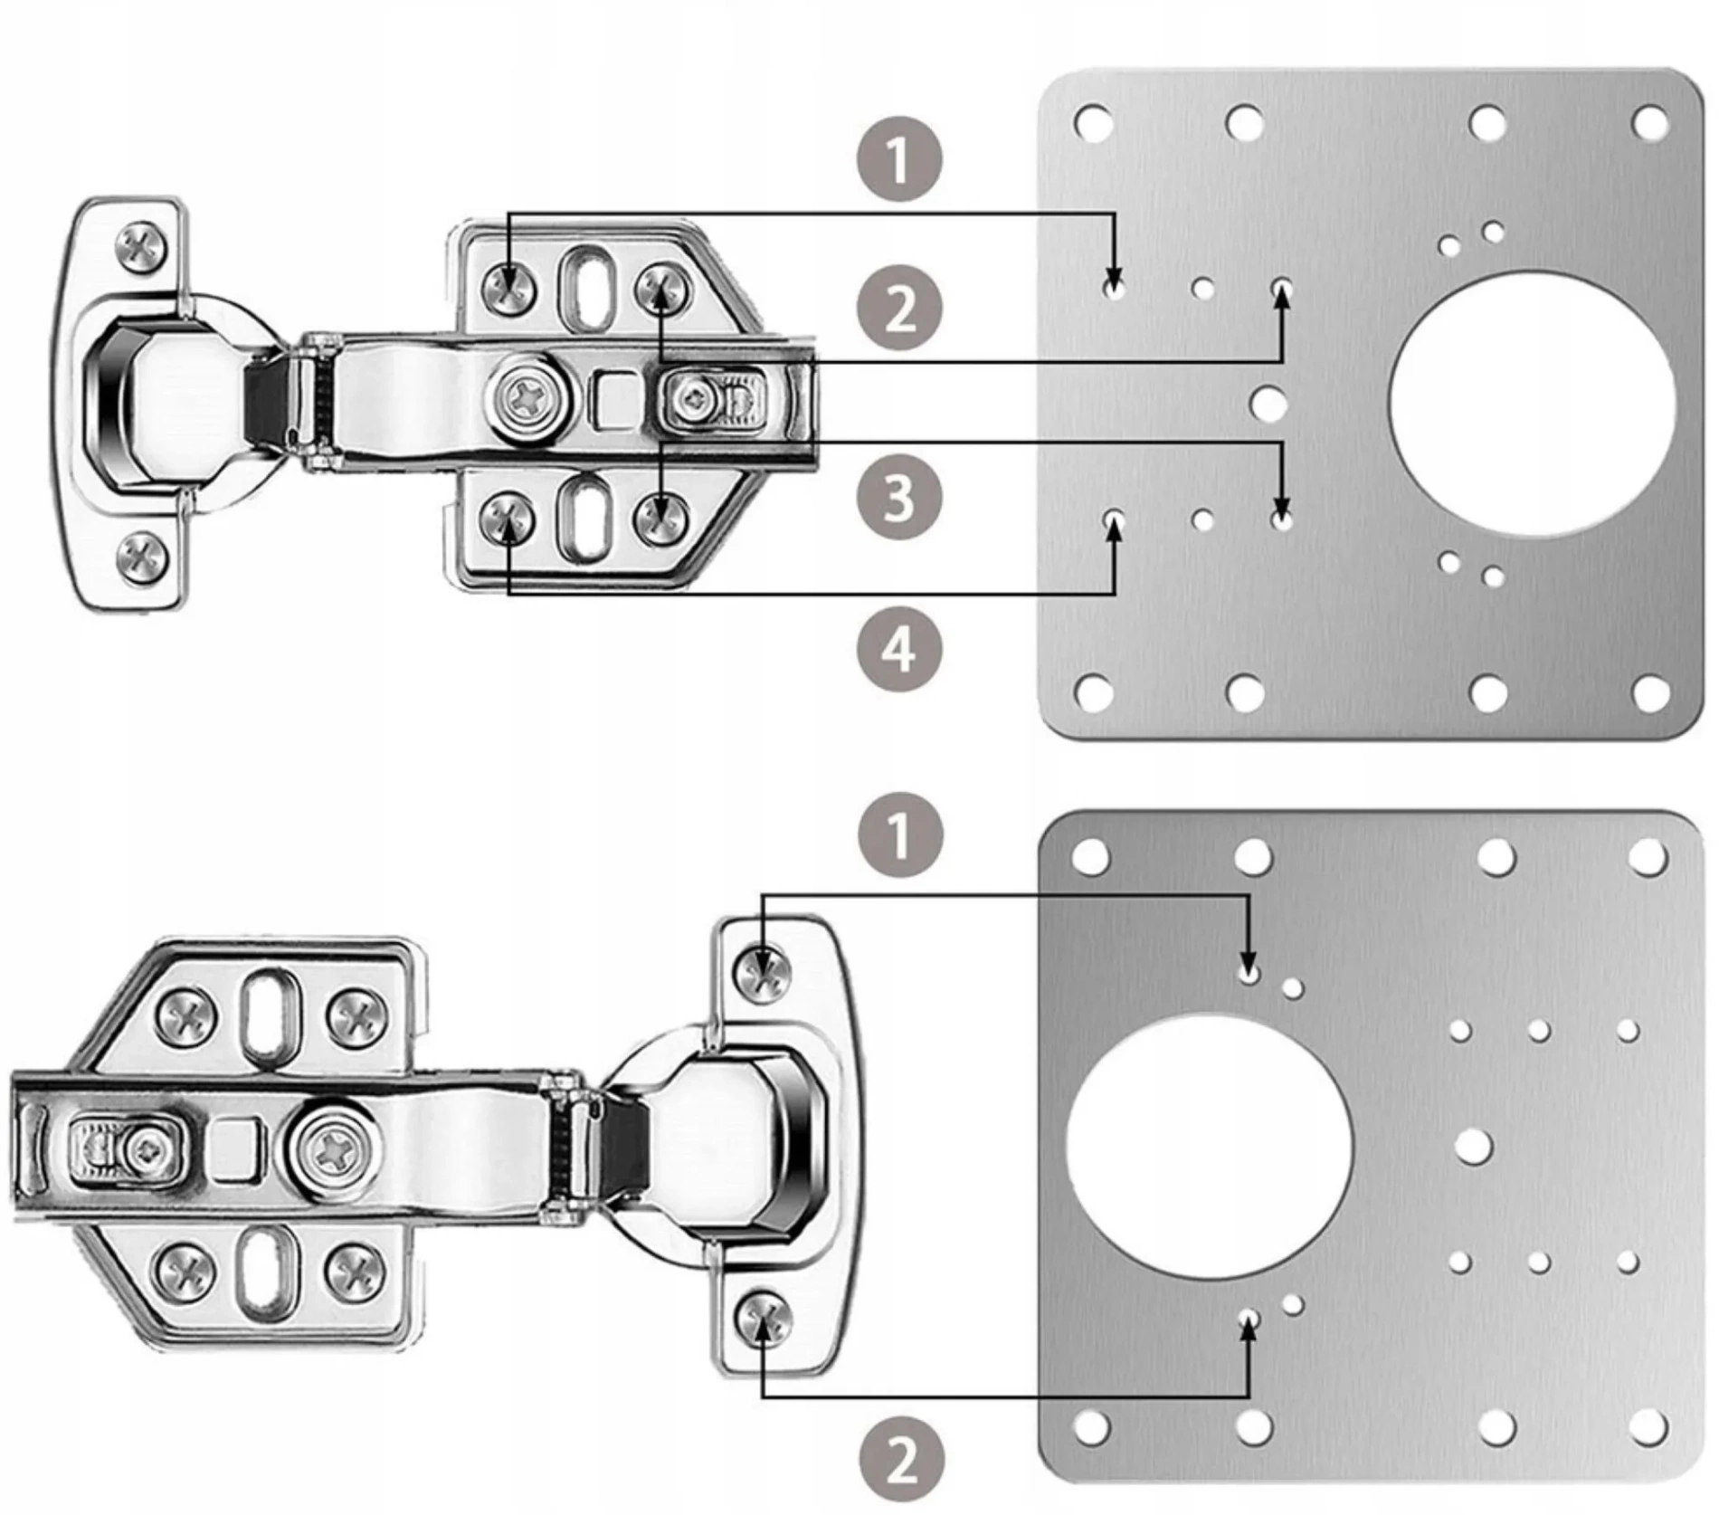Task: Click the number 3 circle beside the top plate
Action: point(898,497)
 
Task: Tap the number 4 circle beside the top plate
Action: point(898,649)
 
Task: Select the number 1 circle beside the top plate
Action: point(898,159)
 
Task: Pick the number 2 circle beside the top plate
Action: point(898,309)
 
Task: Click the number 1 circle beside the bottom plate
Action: point(900,834)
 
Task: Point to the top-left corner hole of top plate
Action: point(1092,121)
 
